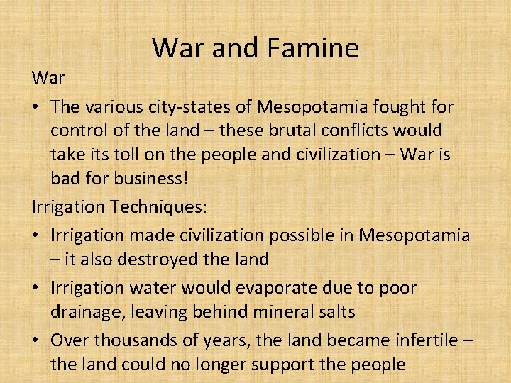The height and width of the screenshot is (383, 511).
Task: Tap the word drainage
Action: [x=90, y=311]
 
